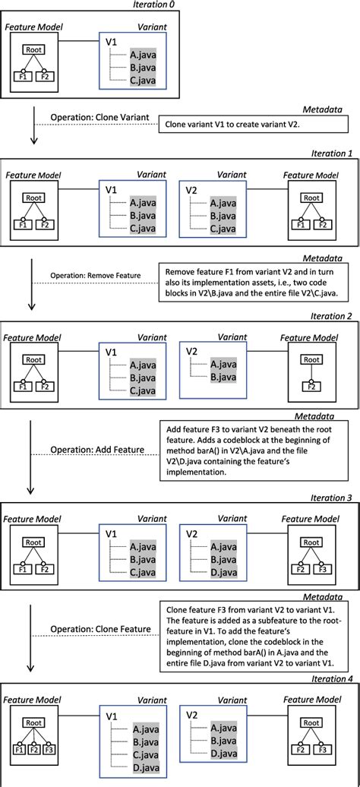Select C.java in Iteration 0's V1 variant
tap(143, 80)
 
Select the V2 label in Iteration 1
tap(193, 190)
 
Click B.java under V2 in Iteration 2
tap(224, 378)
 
